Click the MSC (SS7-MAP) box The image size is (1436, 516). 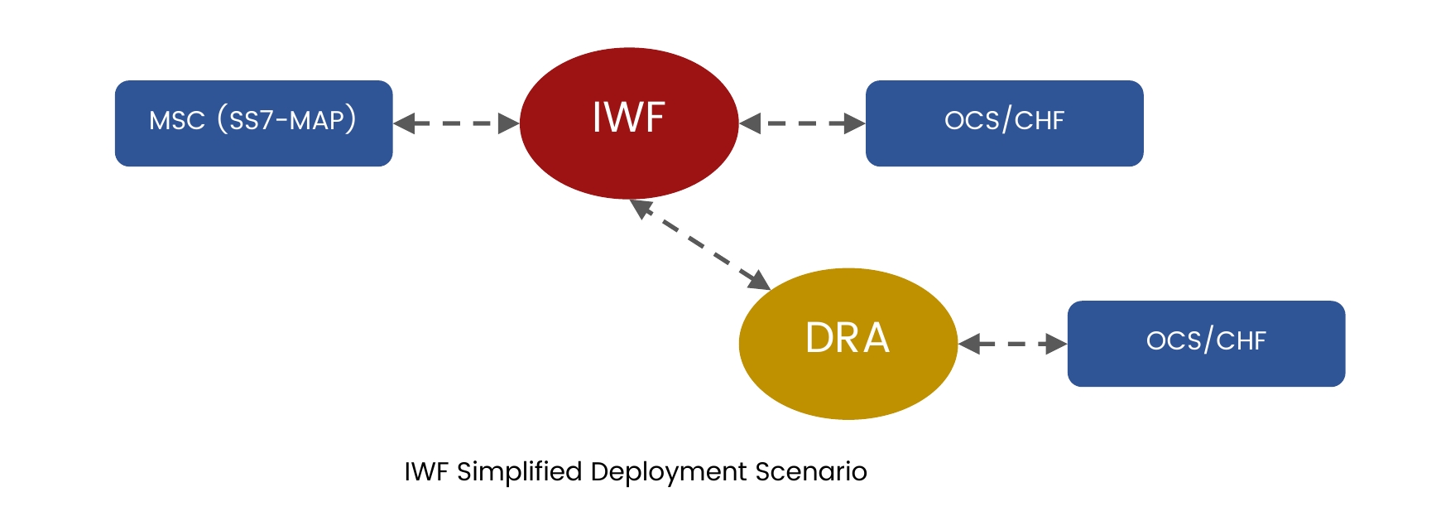(x=253, y=123)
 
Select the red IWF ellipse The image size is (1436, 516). (x=629, y=123)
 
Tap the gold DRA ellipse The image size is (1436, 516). (x=848, y=343)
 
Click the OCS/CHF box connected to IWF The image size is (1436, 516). (x=1004, y=123)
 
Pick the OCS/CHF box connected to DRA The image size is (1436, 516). (x=1206, y=343)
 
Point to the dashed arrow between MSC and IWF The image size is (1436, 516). (x=456, y=123)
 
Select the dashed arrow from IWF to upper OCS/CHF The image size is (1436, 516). (x=802, y=123)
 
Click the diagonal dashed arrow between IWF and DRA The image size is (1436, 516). (x=700, y=244)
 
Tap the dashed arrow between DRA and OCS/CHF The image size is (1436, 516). (x=1013, y=344)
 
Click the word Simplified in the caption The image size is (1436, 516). (x=520, y=472)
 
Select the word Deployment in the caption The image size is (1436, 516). (x=669, y=472)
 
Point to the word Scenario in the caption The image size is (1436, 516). (x=811, y=471)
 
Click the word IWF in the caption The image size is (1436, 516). (x=426, y=472)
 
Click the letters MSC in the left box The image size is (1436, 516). (x=177, y=121)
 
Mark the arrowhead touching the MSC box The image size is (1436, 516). (x=404, y=123)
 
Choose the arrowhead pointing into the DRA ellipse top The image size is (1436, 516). (x=757, y=279)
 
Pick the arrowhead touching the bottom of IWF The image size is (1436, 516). (x=641, y=208)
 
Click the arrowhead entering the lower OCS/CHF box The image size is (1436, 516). (x=1057, y=344)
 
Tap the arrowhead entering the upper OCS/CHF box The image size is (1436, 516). (x=855, y=123)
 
